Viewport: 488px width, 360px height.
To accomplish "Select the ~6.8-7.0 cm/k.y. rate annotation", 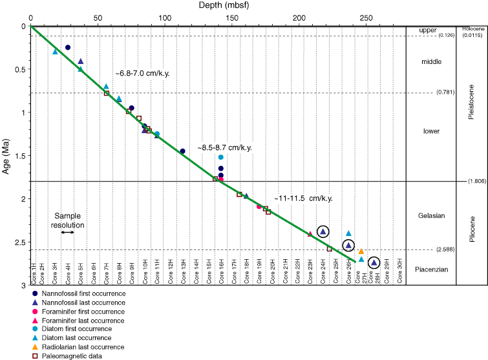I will point(143,73).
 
